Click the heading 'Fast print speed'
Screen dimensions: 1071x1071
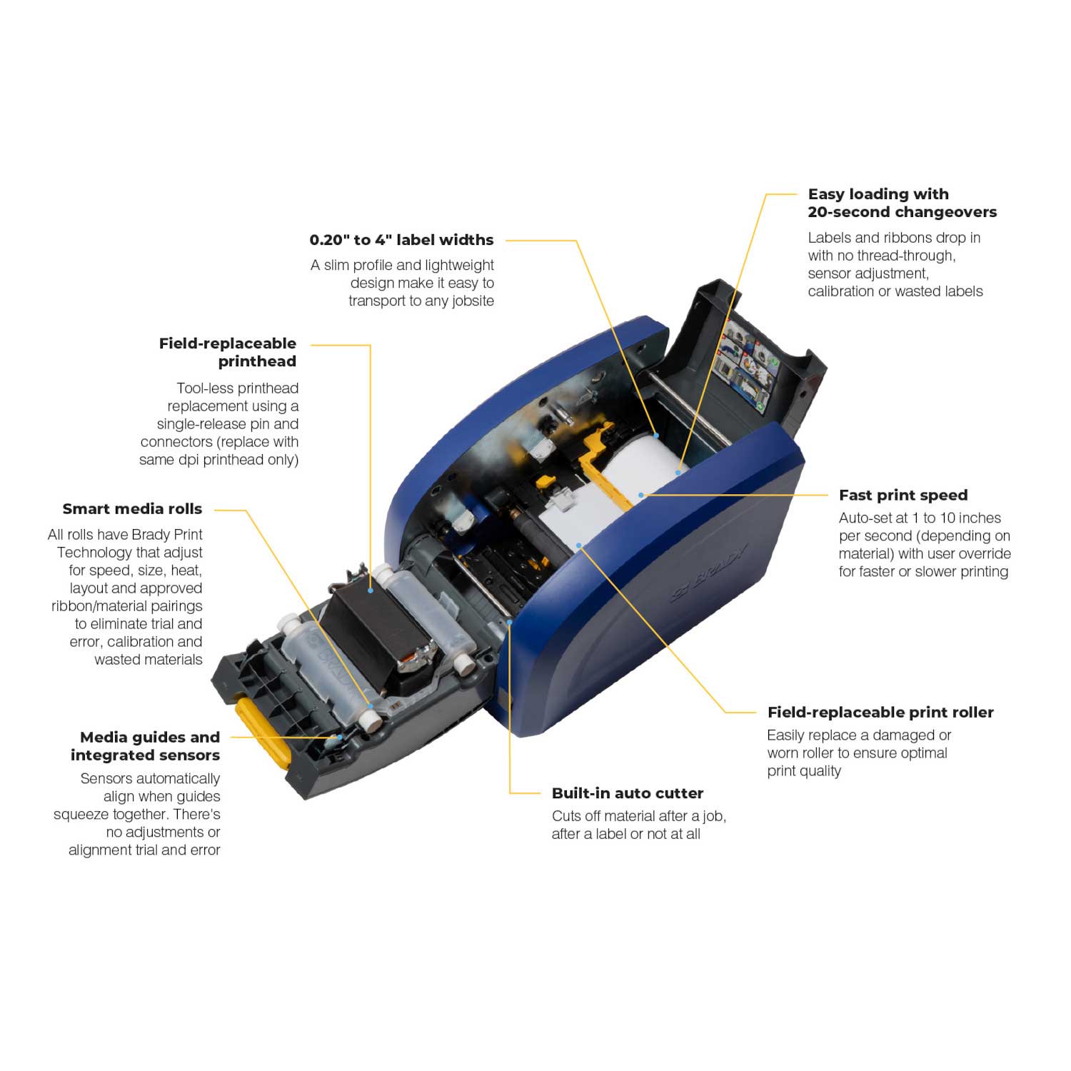point(903,496)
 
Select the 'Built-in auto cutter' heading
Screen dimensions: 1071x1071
point(628,793)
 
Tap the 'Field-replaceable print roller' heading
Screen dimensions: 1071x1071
point(880,713)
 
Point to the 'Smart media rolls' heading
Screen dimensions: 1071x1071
point(132,509)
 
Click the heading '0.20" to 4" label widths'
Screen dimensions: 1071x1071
point(401,240)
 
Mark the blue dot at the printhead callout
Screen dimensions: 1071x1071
point(371,590)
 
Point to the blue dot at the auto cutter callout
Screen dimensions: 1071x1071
point(510,622)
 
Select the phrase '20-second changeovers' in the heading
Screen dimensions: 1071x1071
point(902,212)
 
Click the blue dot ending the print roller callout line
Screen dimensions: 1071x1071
point(579,545)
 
